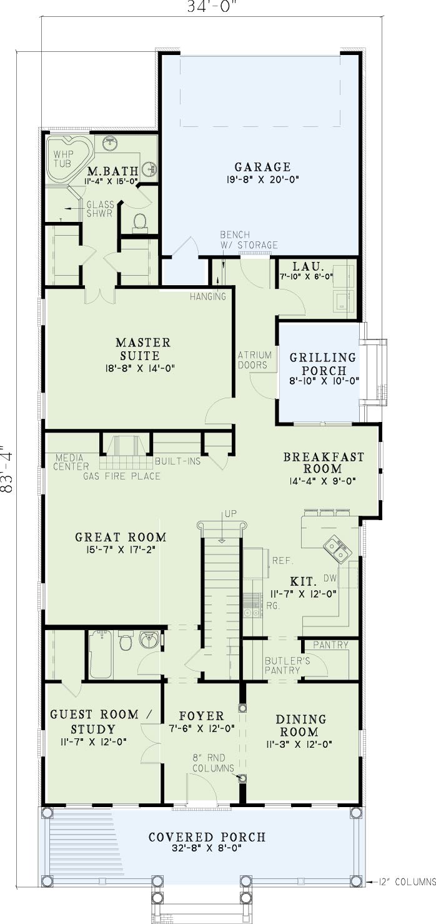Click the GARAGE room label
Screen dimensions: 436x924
click(262, 167)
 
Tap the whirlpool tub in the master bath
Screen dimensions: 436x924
click(69, 158)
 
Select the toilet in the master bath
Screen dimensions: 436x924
click(140, 221)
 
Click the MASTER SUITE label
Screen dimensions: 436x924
click(142, 349)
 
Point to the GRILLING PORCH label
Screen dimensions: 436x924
click(323, 363)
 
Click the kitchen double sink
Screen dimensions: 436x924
click(337, 549)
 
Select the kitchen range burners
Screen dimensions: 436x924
click(252, 605)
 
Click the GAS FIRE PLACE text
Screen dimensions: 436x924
click(122, 476)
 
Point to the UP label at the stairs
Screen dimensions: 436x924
click(230, 514)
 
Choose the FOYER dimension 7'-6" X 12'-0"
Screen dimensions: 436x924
click(202, 729)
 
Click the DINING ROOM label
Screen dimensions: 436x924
click(300, 726)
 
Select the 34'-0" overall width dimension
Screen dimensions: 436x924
click(213, 6)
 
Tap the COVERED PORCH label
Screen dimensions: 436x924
click(207, 837)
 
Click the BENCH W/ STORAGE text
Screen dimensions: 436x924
click(249, 239)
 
